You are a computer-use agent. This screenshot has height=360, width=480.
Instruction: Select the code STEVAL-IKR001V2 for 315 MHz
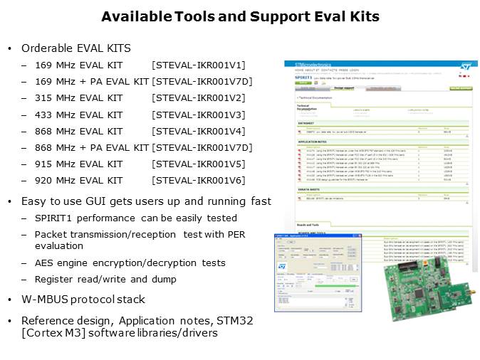[x=198, y=98]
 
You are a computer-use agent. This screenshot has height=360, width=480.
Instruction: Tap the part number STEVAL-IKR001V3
[x=198, y=115]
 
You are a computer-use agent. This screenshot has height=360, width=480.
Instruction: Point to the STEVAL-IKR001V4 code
[x=198, y=131]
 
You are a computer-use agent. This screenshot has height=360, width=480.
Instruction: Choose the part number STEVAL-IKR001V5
[x=198, y=164]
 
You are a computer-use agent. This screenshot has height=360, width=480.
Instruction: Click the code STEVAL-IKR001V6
[x=198, y=181]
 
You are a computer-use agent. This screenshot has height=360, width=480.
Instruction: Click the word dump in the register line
[x=163, y=280]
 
